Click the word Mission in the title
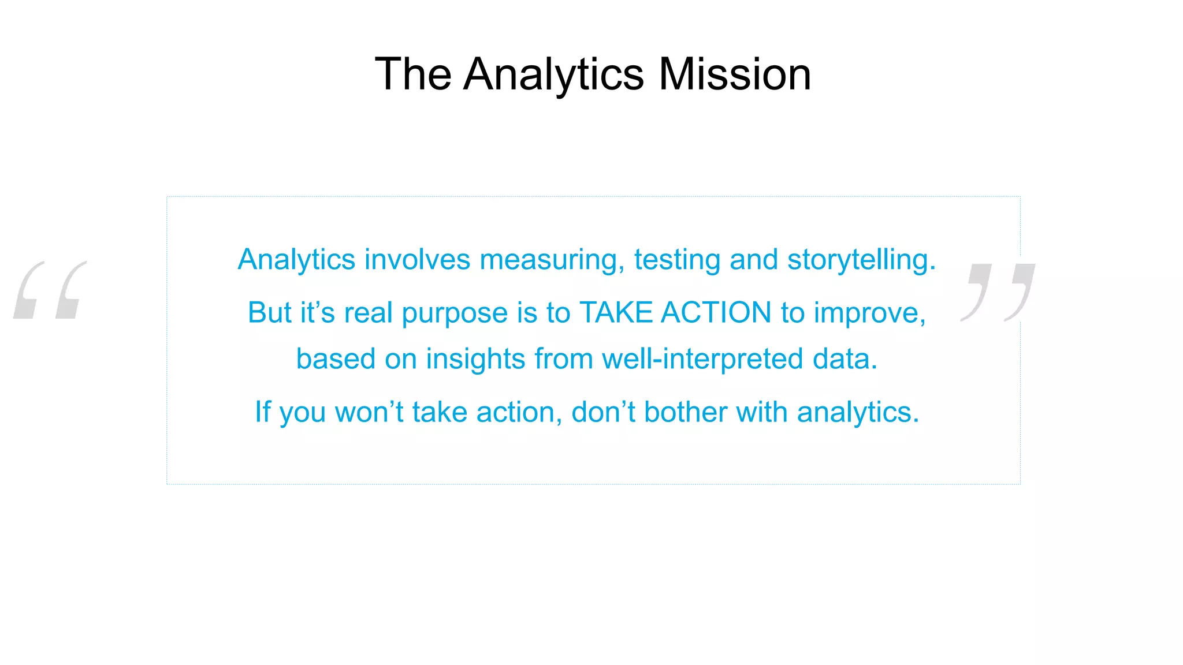(735, 74)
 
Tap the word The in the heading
(413, 74)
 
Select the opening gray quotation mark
(50, 290)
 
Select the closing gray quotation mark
(998, 292)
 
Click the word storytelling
(861, 260)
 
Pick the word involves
(417, 259)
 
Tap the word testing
(677, 260)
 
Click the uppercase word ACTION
(716, 312)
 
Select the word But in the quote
(269, 312)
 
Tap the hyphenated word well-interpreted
(702, 360)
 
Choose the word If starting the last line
(263, 412)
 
